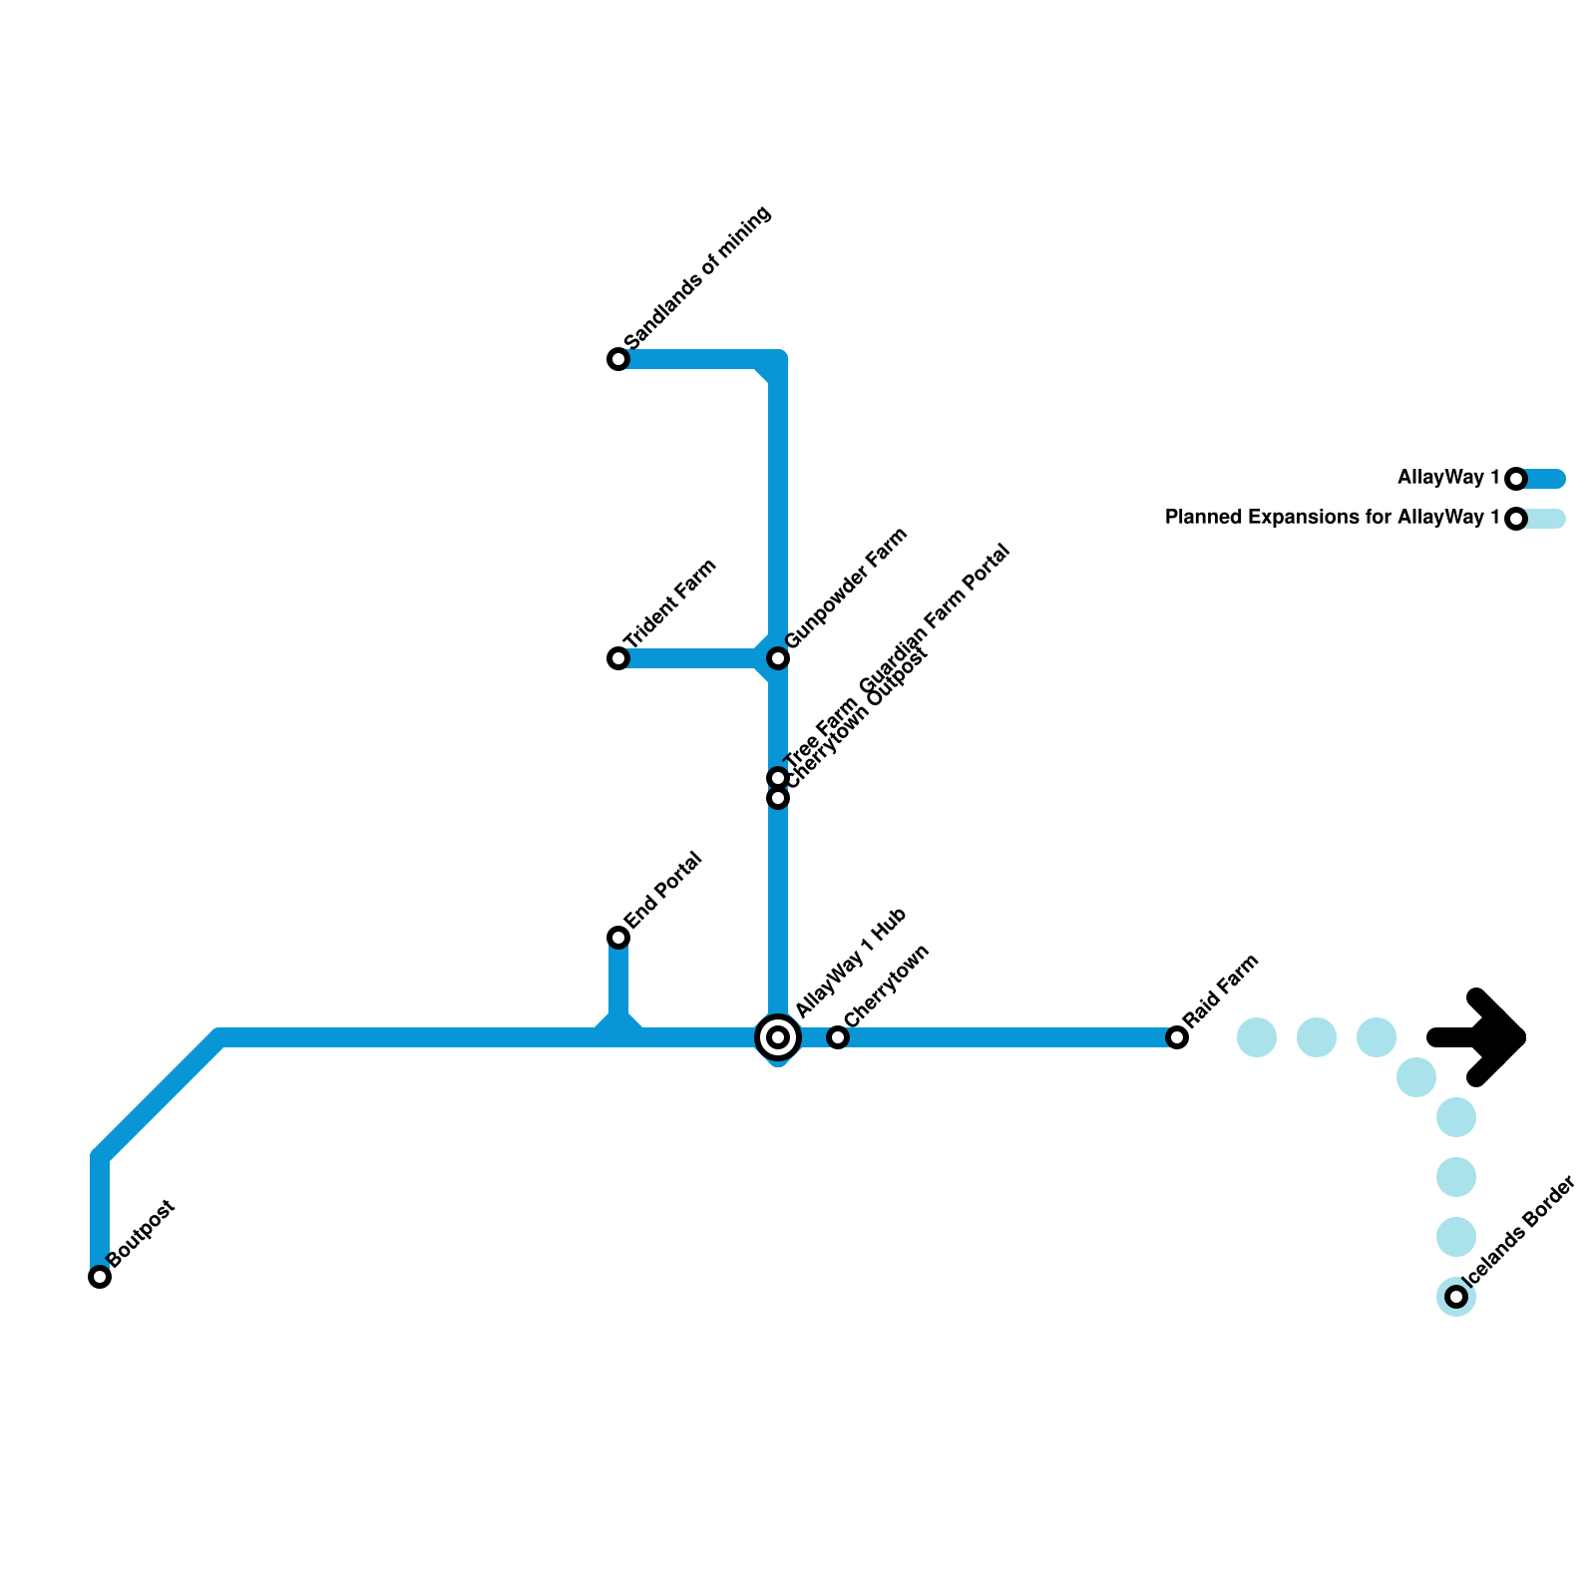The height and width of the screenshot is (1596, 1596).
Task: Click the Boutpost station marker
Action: [x=100, y=1277]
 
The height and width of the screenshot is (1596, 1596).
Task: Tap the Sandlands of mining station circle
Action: [x=618, y=359]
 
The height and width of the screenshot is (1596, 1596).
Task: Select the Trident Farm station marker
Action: [x=618, y=658]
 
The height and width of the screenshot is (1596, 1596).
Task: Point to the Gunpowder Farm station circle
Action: [x=778, y=658]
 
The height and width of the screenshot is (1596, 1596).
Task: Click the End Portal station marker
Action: [x=618, y=938]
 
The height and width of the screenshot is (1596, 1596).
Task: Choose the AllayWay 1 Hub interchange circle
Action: [x=778, y=1037]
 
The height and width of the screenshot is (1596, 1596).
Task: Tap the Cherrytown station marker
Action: [x=838, y=1037]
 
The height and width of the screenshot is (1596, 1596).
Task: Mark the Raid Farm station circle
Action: [x=1177, y=1037]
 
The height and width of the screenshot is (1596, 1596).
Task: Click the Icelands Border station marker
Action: [x=1456, y=1297]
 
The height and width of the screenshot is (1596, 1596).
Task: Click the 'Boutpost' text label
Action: [x=142, y=1234]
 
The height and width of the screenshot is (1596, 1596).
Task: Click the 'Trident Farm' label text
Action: [x=670, y=604]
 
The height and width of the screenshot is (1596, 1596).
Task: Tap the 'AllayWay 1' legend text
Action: [x=1448, y=478]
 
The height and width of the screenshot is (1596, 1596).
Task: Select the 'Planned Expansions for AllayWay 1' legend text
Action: [x=1333, y=518]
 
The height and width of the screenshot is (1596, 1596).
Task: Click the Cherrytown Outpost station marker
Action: [x=778, y=798]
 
